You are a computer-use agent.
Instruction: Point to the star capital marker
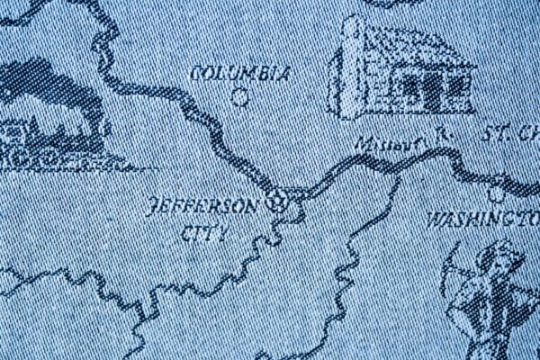click(279, 202)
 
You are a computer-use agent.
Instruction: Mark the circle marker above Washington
click(497, 193)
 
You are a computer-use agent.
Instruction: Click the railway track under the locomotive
click(72, 165)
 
